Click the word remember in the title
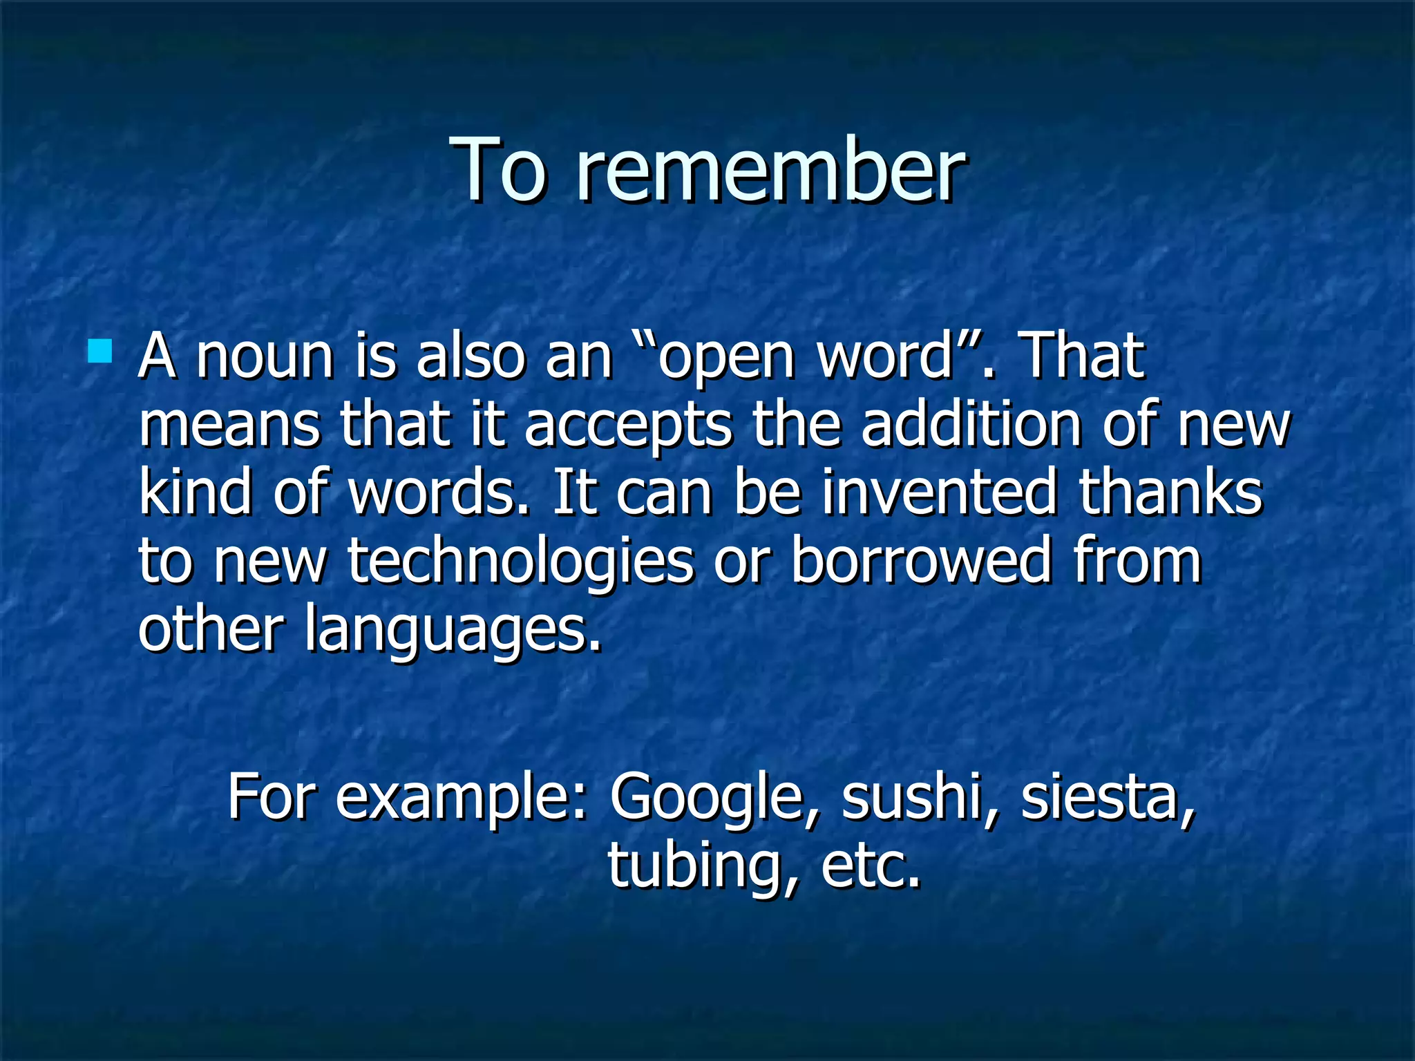(x=770, y=171)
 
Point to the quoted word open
(x=725, y=359)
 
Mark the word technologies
(x=520, y=562)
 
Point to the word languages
(x=453, y=630)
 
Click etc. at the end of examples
(x=871, y=867)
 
